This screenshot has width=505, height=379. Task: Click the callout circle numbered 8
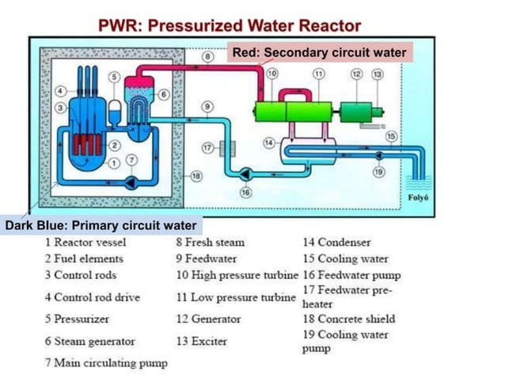[207, 57]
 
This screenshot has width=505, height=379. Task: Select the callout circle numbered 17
[207, 147]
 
